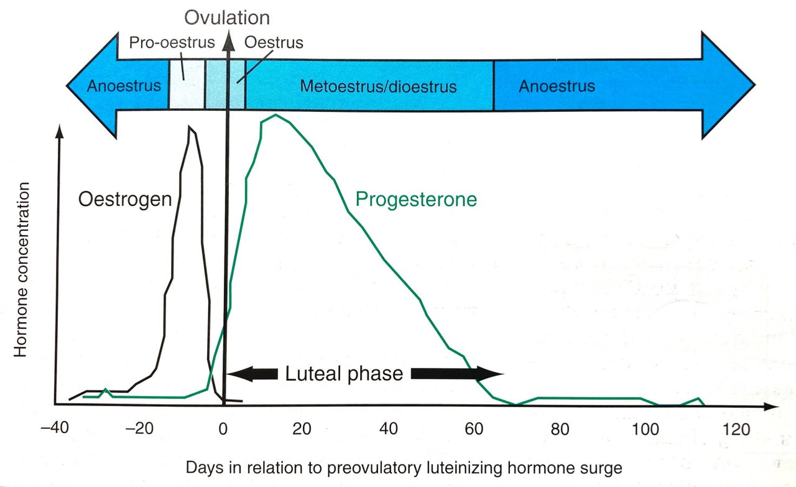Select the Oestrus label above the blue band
coord(274,43)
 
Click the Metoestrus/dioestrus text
coord(378,86)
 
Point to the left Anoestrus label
coord(123,86)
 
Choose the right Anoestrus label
coord(557,86)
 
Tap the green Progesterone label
coord(415,199)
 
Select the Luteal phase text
coord(344,374)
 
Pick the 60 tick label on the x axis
coord(475,429)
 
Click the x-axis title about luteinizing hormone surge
coord(403,466)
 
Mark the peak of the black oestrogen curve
coord(192,128)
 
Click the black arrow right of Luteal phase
coord(456,373)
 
